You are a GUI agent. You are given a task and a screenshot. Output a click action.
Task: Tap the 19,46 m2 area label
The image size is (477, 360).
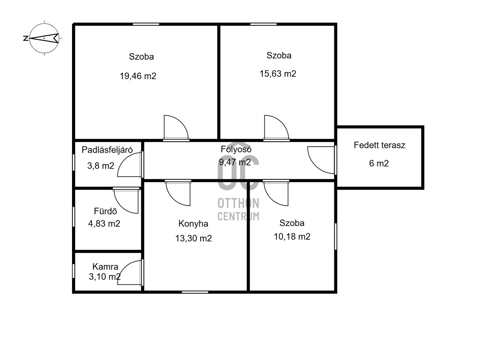point(138,76)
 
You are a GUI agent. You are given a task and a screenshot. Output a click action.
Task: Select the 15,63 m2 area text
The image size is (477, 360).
point(278,74)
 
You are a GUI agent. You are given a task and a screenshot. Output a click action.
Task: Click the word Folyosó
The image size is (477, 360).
point(236,149)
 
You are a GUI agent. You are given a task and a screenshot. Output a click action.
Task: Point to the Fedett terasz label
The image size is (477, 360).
point(379,145)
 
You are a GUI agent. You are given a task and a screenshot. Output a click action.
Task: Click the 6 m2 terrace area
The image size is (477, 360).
point(379,163)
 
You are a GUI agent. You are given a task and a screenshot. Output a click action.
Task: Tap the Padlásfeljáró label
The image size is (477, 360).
point(107,150)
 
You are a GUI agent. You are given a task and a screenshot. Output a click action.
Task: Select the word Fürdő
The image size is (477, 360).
point(105,211)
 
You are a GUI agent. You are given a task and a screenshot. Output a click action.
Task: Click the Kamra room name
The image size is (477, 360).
point(105,267)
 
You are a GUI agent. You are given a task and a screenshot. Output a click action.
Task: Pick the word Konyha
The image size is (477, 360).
point(193,224)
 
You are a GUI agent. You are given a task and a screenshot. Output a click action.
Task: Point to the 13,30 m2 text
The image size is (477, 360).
point(193,238)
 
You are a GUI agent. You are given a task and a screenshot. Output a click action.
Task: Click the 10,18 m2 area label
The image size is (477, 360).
point(292,237)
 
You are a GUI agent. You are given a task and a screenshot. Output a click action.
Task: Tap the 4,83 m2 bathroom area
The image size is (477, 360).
point(104,224)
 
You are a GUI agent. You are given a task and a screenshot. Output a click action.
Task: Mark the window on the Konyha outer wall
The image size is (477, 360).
point(195,292)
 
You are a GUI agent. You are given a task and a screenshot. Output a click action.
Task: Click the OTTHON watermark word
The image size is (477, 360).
point(238,203)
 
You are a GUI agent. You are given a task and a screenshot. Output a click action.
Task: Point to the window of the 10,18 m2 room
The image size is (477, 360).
point(335,236)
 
